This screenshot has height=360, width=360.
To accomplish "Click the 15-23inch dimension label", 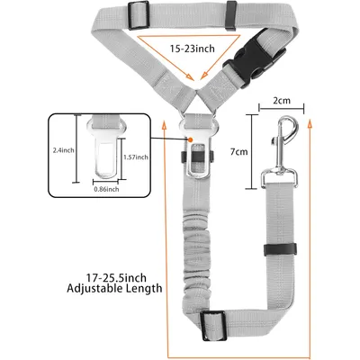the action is [193, 48].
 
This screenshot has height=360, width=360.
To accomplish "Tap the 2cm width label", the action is [282, 100].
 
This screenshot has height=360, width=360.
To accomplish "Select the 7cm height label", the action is [238, 152].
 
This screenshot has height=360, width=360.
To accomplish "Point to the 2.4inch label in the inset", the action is [63, 150].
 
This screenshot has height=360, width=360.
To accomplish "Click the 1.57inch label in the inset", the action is [136, 157].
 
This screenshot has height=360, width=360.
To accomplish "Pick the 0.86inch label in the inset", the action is [106, 189].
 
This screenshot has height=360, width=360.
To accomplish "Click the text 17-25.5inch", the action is [116, 277].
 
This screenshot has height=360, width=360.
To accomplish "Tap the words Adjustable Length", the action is [114, 289].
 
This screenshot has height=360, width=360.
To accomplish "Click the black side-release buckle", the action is [255, 63].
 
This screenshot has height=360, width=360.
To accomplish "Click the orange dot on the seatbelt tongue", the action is [190, 139].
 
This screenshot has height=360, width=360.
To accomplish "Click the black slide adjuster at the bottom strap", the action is [213, 326].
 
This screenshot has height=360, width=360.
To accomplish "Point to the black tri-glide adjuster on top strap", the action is [139, 15].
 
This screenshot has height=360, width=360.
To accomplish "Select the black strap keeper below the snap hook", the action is [280, 249].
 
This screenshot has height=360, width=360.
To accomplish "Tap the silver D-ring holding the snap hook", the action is [279, 178].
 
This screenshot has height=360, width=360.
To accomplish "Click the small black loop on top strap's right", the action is [232, 15].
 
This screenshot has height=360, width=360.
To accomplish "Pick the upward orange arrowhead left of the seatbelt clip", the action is [164, 124].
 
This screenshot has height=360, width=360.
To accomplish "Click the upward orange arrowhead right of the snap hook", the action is [310, 124].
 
